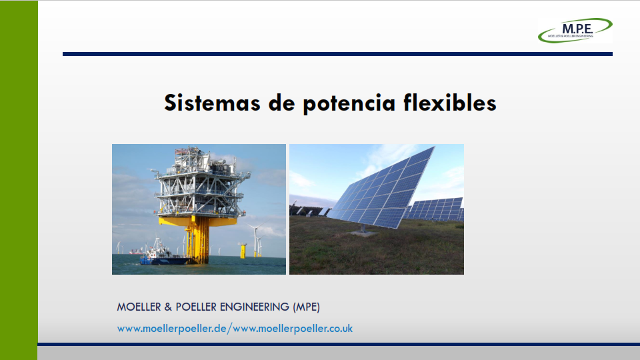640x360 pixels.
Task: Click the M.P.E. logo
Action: [x=575, y=30]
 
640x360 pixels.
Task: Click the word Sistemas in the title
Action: [x=212, y=103]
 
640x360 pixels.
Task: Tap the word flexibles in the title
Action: [x=450, y=103]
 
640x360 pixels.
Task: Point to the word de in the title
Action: [x=281, y=103]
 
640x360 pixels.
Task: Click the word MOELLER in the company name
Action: [x=139, y=307]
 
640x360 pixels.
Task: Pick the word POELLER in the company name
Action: [x=197, y=307]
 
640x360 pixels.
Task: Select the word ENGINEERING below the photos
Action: [x=255, y=307]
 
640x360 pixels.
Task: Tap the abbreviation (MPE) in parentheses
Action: [x=306, y=307]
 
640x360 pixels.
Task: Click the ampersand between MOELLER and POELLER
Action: [x=168, y=307]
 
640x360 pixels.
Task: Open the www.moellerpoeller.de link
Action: [x=171, y=329]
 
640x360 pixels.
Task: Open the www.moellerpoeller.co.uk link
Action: [x=293, y=329]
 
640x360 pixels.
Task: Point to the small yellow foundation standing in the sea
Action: [x=243, y=251]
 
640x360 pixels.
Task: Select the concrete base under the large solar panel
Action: [x=363, y=233]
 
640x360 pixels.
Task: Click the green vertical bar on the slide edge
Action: [x=19, y=180]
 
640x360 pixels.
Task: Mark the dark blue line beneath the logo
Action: [x=337, y=54]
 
